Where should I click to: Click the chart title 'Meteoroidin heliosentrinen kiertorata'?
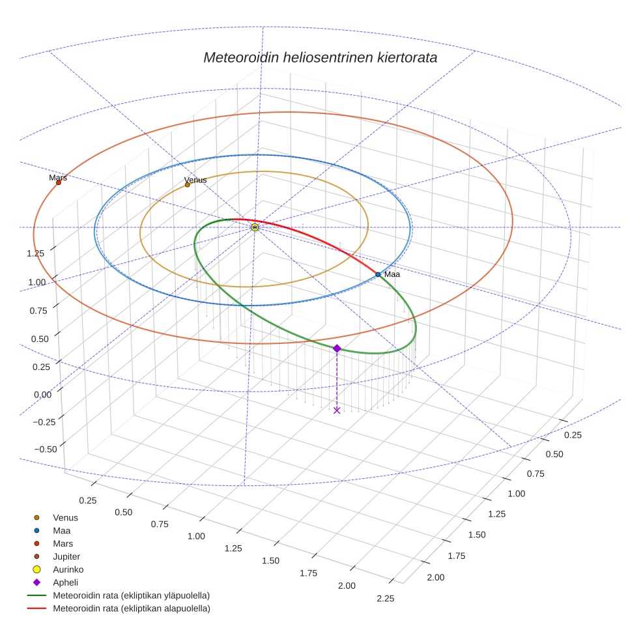pos(320,57)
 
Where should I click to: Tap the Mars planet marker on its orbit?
pos(59,182)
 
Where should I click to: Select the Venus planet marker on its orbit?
pos(188,185)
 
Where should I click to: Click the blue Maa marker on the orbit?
pos(378,275)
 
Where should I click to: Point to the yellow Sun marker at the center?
pos(255,227)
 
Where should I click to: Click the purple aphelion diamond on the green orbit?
pos(337,349)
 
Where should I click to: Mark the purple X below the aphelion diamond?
pos(337,410)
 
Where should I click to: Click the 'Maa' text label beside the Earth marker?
pos(392,274)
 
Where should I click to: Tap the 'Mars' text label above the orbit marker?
pos(58,177)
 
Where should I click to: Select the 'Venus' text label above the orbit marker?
pos(195,180)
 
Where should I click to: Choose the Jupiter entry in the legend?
pos(66,556)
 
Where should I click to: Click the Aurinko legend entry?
pos(68,569)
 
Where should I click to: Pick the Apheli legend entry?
pos(65,582)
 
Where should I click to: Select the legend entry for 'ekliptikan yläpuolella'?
pos(131,595)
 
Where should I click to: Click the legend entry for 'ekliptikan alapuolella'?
pos(131,608)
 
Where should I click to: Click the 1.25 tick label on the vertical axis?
pos(35,253)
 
